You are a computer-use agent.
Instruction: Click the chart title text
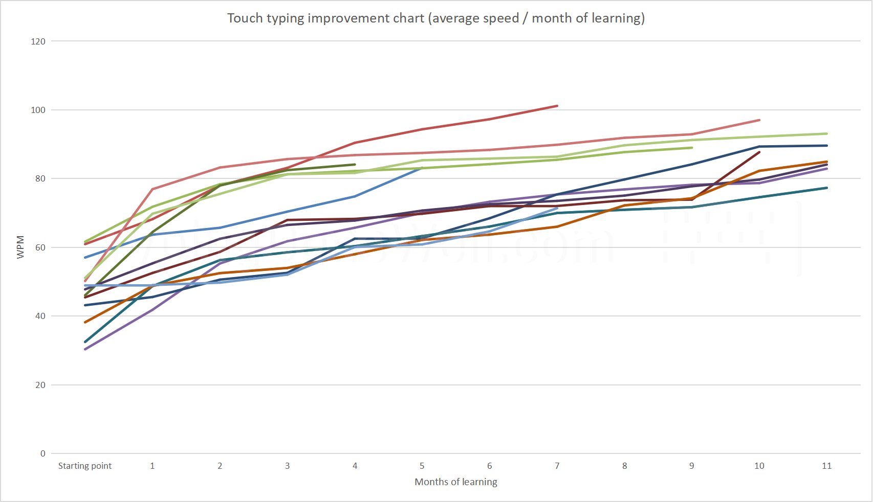(436, 18)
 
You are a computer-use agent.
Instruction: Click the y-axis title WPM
(20, 247)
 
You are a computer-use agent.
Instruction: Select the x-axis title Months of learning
(455, 482)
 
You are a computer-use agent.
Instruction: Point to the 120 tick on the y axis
(38, 41)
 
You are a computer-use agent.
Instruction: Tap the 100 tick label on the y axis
(38, 110)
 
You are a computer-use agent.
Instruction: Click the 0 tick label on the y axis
(43, 453)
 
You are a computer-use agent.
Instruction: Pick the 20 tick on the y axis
(40, 385)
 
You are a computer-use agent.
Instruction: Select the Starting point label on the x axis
(85, 466)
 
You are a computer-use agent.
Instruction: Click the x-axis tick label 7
(557, 466)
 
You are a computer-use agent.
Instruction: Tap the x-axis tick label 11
(826, 466)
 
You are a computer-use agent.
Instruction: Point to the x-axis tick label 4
(355, 466)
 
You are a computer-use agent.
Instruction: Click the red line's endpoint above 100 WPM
(557, 106)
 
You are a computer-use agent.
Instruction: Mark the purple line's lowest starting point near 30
(85, 349)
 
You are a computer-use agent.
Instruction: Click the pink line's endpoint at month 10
(759, 120)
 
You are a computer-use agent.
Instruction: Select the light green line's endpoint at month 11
(826, 134)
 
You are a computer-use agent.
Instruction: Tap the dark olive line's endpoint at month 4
(355, 165)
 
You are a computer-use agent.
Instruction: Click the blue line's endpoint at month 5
(422, 168)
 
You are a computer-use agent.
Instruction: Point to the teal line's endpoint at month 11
(826, 188)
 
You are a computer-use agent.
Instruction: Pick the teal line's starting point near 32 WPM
(85, 342)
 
